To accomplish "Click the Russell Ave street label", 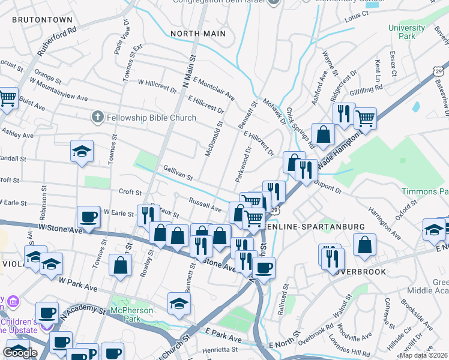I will [205, 205].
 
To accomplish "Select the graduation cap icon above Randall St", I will [82, 152].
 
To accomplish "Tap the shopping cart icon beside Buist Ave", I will [7, 97].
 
